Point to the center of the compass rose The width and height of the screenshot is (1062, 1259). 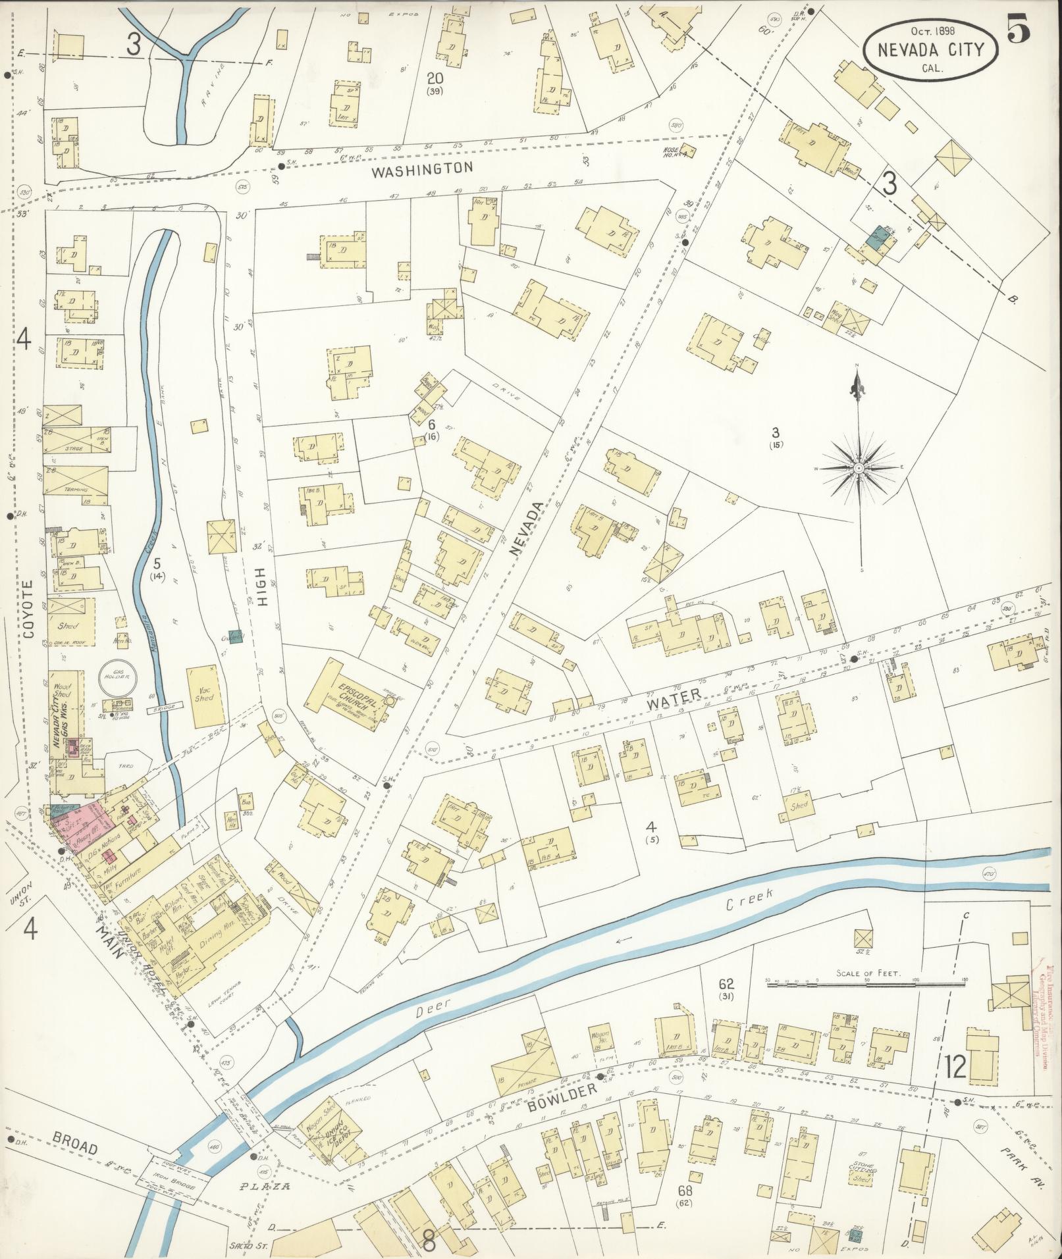pyautogui.click(x=859, y=468)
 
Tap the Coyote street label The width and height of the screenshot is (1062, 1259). pyautogui.click(x=27, y=609)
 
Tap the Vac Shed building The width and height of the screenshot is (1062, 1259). pyautogui.click(x=205, y=693)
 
